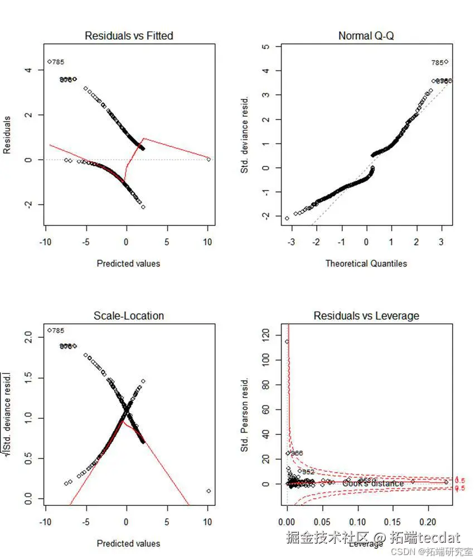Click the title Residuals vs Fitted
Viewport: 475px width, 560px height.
pyautogui.click(x=129, y=36)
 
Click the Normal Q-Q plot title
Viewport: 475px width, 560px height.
pyautogui.click(x=366, y=36)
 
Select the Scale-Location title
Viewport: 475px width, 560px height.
pyautogui.click(x=129, y=316)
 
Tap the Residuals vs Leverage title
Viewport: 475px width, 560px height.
pyautogui.click(x=366, y=316)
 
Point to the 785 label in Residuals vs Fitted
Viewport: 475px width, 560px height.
pyautogui.click(x=59, y=62)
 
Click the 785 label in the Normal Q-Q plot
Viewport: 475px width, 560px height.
pyautogui.click(x=437, y=63)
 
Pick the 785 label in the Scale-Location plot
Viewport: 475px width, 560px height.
pyautogui.click(x=59, y=331)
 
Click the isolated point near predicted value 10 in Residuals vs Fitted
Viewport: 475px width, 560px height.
pyautogui.click(x=209, y=159)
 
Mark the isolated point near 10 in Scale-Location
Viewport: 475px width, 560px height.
pyautogui.click(x=209, y=491)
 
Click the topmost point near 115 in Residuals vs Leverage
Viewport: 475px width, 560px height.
pyautogui.click(x=287, y=342)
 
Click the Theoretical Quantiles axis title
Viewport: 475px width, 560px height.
pyautogui.click(x=366, y=263)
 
